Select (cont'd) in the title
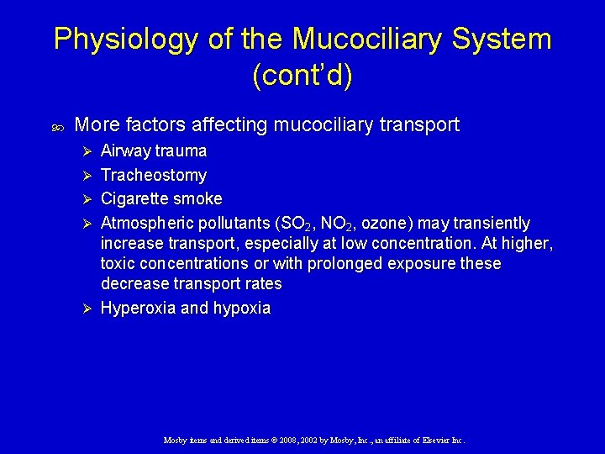pyautogui.click(x=302, y=76)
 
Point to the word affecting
pyautogui.click(x=229, y=125)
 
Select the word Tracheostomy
pyautogui.click(x=154, y=175)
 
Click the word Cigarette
pyautogui.click(x=135, y=198)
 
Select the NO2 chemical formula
pyautogui.click(x=339, y=224)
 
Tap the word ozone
pyautogui.click(x=382, y=223)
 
